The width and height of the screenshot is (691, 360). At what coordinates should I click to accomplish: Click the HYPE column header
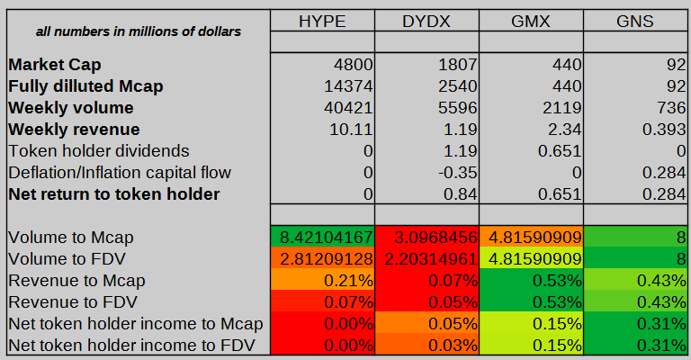click(321, 20)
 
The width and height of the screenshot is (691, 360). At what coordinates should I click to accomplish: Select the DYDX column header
click(426, 20)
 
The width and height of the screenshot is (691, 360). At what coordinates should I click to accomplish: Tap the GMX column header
click(531, 20)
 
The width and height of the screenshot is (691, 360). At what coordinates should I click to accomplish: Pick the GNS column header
click(634, 20)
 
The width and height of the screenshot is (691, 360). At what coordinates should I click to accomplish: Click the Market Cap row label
click(55, 65)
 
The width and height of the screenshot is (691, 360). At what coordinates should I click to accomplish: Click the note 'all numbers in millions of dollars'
click(138, 31)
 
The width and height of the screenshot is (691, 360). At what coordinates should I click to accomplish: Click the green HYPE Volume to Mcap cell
click(321, 238)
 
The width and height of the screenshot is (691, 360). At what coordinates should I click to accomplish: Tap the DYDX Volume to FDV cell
click(426, 259)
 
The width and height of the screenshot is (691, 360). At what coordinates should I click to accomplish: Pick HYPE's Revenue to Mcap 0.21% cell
click(321, 281)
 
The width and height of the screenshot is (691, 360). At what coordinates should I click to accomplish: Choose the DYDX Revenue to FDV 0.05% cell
click(426, 302)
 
